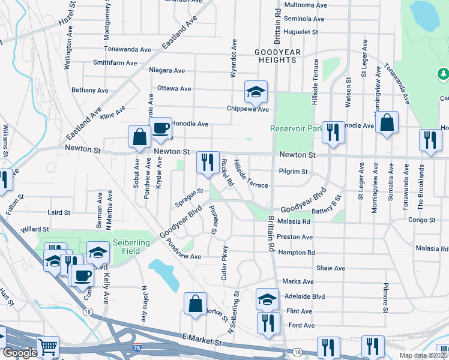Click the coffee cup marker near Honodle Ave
coord(160,128)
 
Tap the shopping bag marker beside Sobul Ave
coord(139,136)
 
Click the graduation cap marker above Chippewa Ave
coord(256,92)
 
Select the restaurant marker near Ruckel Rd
coord(208,163)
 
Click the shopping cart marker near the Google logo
coord(48,347)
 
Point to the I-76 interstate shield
coord(138,347)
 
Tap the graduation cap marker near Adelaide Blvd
coord(267,299)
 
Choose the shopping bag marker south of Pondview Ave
coord(196,304)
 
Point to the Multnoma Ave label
coord(306,5)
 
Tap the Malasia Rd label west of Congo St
coord(294,221)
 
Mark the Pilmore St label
coord(385,298)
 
